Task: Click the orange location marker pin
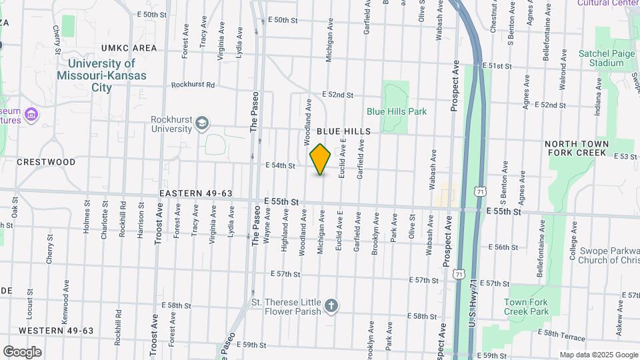point(321,159)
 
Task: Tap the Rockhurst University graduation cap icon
point(201,123)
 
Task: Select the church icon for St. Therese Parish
point(331,307)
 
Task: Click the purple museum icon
point(30,115)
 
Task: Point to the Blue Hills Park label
point(397,112)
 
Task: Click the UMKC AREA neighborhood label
point(129,48)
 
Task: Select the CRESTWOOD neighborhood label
point(46,162)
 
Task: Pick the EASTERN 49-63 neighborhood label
point(196,193)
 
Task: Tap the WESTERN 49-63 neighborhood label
point(56,331)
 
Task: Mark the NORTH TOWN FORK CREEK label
point(577,148)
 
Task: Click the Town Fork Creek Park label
point(526,307)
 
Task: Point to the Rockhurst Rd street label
point(193,85)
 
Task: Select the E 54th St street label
point(280,165)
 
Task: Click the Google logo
point(22,352)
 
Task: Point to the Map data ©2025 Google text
point(599,355)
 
